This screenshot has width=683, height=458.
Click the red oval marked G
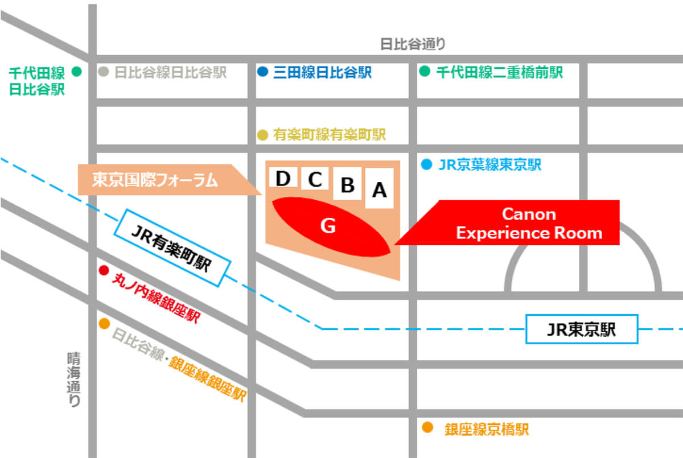331,226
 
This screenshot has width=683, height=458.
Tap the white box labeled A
379,188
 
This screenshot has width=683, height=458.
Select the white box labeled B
347,183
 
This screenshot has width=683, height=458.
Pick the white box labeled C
315,178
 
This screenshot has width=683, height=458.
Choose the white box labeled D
283,177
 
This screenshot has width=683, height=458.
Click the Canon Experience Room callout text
529,224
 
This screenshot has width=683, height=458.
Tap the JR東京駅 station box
582,329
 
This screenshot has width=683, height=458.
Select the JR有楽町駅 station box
172,248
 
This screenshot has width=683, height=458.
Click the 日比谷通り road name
413,44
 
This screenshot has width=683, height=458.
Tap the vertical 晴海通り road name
74,379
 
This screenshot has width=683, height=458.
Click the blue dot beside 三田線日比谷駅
262,72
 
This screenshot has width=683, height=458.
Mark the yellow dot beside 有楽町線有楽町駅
262,135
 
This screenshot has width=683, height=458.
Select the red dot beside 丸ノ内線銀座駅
104,270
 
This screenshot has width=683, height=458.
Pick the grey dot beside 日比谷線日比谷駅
104,72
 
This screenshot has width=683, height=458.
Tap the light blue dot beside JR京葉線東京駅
426,164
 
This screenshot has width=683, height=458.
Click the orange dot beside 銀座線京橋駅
427,427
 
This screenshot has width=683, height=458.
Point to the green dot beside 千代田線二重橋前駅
425,71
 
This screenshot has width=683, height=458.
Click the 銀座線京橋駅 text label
487,430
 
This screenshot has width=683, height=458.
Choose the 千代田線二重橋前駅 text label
500,72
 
